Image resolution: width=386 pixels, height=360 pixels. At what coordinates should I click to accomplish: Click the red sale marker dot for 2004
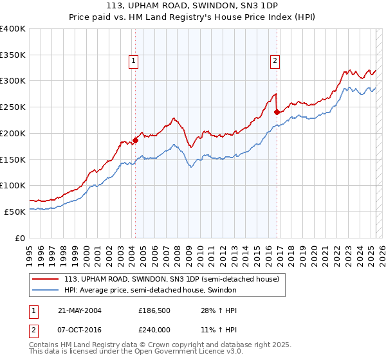(135, 139)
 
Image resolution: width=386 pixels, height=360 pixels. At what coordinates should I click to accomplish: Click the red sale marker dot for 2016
(277, 111)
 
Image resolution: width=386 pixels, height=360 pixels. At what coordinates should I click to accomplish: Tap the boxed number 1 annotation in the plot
(133, 61)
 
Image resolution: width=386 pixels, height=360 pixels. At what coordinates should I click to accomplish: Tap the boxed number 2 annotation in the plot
(275, 61)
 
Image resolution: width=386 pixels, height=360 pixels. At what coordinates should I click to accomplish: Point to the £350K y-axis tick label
(13, 55)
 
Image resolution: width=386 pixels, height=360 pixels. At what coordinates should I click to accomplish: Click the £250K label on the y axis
(13, 107)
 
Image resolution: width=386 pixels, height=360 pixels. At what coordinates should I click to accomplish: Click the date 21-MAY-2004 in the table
(79, 310)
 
